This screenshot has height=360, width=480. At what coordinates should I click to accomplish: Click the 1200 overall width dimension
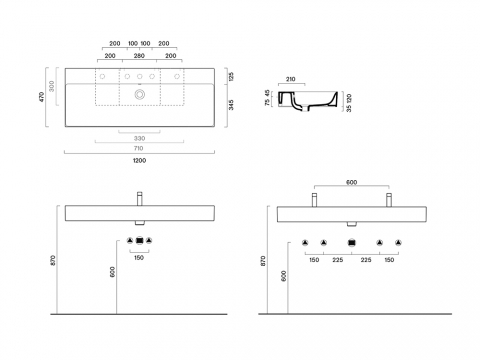139,161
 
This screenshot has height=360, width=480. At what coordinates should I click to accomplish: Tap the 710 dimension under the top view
138,148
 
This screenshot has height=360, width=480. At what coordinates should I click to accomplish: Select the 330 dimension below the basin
139,138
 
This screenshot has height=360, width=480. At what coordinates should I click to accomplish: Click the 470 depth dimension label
42,97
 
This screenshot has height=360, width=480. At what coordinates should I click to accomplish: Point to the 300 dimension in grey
51,86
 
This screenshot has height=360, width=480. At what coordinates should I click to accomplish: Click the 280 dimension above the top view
139,56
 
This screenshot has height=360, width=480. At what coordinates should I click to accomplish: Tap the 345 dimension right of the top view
231,105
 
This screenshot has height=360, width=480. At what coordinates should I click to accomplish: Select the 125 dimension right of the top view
231,76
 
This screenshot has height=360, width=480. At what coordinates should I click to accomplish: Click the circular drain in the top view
140,94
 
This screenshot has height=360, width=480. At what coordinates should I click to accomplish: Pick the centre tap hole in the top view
140,77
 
